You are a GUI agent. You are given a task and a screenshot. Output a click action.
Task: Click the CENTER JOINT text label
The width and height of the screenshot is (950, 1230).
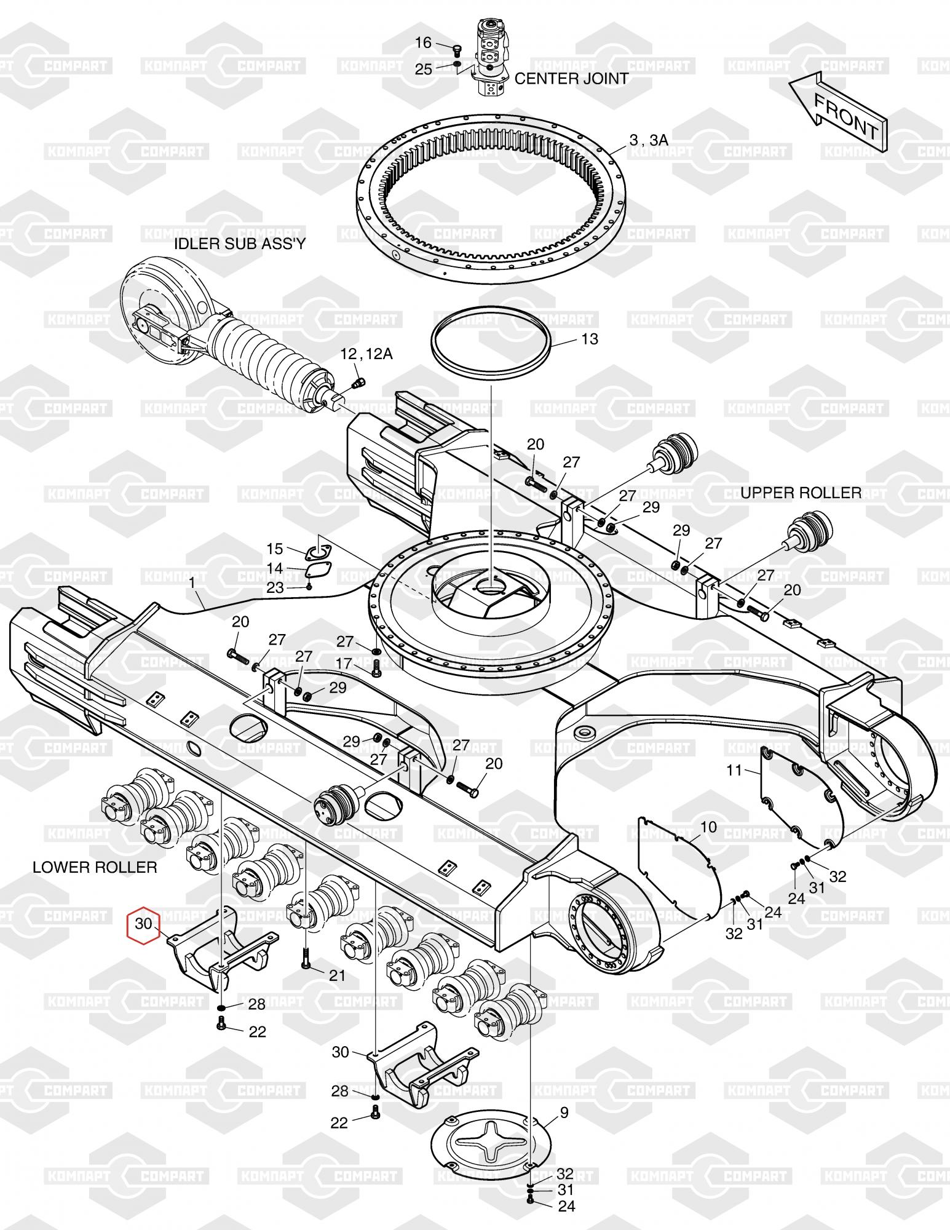[x=571, y=79]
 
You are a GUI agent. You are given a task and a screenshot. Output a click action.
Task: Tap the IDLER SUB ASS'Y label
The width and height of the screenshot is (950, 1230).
[x=240, y=244]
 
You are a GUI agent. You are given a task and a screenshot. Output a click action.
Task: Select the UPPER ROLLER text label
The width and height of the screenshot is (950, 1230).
[x=801, y=493]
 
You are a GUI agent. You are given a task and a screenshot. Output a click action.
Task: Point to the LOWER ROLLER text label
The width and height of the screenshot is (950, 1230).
[x=95, y=867]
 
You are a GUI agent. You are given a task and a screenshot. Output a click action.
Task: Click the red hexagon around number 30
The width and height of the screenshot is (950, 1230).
[x=143, y=924]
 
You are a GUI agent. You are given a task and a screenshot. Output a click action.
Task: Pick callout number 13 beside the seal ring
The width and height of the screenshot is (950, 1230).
[x=589, y=339]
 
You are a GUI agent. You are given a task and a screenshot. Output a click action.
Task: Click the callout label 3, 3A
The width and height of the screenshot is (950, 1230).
[x=649, y=141]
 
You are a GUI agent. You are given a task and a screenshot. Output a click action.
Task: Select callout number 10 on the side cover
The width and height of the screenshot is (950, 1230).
[x=708, y=827]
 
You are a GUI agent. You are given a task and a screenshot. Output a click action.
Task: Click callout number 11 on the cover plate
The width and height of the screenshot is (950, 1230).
[x=735, y=769]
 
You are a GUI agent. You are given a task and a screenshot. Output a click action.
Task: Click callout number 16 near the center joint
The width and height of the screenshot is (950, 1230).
[x=424, y=42]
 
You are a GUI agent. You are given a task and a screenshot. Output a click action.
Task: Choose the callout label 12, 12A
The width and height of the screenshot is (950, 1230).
[x=366, y=354]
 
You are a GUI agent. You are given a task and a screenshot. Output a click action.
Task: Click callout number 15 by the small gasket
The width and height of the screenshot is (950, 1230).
[x=274, y=548]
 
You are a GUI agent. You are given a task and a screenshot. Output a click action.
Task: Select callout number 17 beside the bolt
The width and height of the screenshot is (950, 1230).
[x=344, y=664]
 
